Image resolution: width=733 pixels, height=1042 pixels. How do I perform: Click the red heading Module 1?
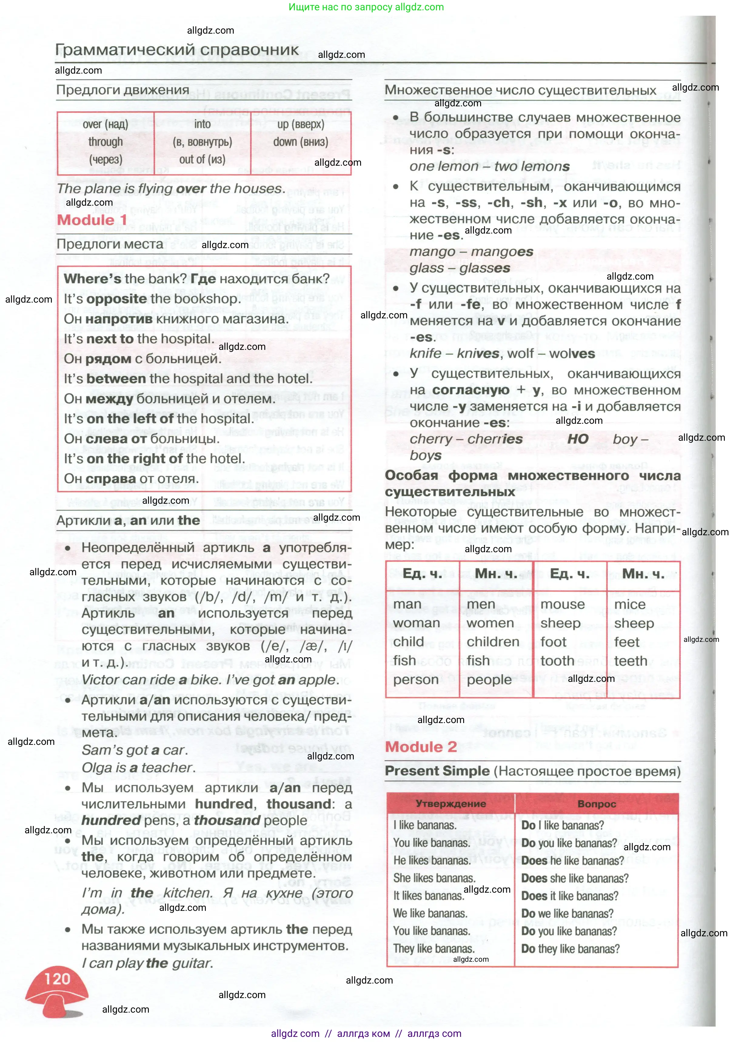[x=92, y=220]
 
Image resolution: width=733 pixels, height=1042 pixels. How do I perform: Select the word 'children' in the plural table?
[x=493, y=642]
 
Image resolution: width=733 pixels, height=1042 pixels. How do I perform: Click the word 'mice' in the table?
[x=629, y=605]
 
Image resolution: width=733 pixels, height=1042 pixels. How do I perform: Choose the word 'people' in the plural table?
[x=489, y=679]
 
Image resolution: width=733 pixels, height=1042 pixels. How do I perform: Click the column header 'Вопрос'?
[x=596, y=804]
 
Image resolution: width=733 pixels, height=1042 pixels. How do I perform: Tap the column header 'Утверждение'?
[x=450, y=803]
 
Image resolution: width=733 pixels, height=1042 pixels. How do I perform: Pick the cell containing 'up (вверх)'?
[x=301, y=124]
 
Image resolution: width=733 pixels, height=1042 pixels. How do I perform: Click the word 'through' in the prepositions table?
[x=105, y=142]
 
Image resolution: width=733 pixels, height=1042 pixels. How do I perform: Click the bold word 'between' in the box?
[x=116, y=379]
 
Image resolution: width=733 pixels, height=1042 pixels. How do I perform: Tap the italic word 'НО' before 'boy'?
[x=578, y=439]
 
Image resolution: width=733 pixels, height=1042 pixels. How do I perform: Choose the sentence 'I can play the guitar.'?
[x=147, y=963]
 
